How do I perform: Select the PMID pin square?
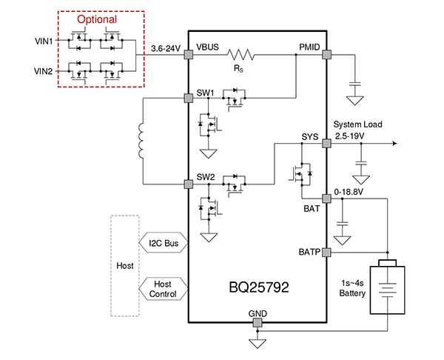point(326,54)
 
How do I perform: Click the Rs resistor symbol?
point(240,55)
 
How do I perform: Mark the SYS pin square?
point(326,144)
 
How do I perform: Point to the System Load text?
point(358,124)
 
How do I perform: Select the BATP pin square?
point(326,252)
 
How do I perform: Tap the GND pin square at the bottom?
point(257,323)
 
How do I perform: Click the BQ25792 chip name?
point(258,285)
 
